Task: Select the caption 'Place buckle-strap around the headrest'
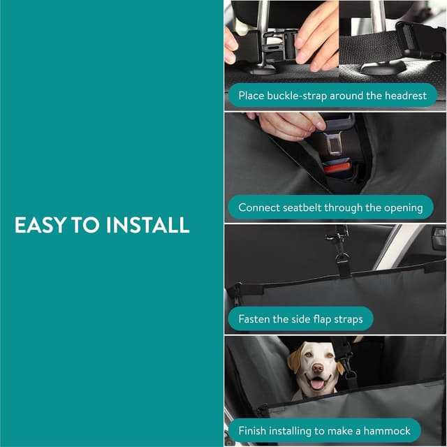pyautogui.click(x=332, y=95)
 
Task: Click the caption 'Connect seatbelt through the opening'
pyautogui.click(x=330, y=207)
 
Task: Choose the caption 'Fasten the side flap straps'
pyautogui.click(x=300, y=319)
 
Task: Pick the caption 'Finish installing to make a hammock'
pyautogui.click(x=324, y=431)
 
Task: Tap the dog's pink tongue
pyautogui.click(x=317, y=384)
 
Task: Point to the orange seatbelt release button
pyautogui.click(x=336, y=168)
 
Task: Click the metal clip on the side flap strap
pyautogui.click(x=342, y=259)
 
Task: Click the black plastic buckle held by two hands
pyautogui.click(x=269, y=46)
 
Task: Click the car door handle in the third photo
pyautogui.click(x=438, y=238)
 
